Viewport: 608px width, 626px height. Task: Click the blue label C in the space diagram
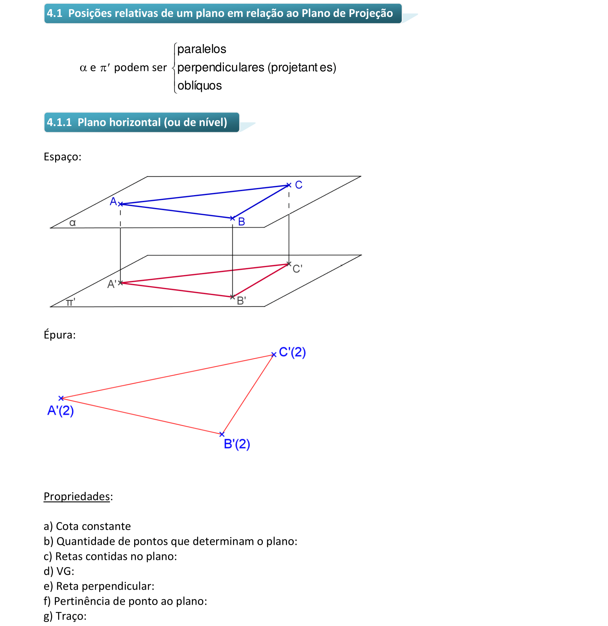pyautogui.click(x=298, y=185)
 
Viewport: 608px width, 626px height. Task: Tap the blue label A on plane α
pyautogui.click(x=113, y=201)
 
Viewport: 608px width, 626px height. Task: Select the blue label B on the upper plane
pyautogui.click(x=242, y=222)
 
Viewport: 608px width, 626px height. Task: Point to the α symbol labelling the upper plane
pyautogui.click(x=72, y=223)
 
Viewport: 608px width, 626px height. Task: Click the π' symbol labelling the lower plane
pyautogui.click(x=71, y=302)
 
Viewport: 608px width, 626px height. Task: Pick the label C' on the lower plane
pyautogui.click(x=297, y=269)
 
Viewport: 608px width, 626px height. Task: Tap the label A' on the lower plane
pyautogui.click(x=112, y=284)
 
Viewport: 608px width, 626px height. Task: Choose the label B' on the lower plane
pyautogui.click(x=242, y=301)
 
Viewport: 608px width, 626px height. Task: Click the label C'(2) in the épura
pyautogui.click(x=292, y=352)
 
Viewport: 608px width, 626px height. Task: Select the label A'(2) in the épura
pyautogui.click(x=61, y=410)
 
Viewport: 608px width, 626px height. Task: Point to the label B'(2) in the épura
pyautogui.click(x=237, y=444)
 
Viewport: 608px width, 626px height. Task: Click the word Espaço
pyautogui.click(x=62, y=157)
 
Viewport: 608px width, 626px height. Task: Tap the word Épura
pyautogui.click(x=60, y=335)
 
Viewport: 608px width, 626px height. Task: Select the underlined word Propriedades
pyautogui.click(x=77, y=496)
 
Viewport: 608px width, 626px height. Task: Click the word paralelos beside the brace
pyautogui.click(x=201, y=49)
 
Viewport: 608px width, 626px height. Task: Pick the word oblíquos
pyautogui.click(x=200, y=86)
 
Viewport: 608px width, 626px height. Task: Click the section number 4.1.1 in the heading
pyautogui.click(x=59, y=122)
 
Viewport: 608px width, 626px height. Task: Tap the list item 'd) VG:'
pyautogui.click(x=59, y=571)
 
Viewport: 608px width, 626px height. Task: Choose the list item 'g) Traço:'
pyautogui.click(x=65, y=616)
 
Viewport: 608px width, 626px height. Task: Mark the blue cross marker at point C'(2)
pyautogui.click(x=273, y=355)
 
